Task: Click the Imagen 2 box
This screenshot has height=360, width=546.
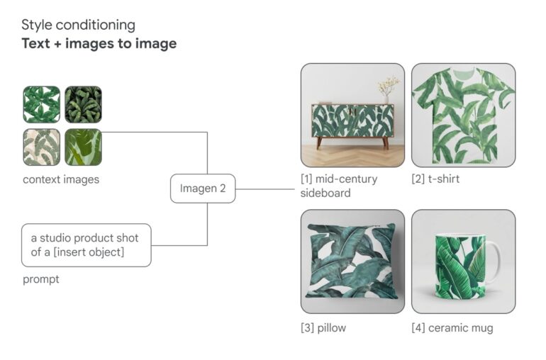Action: pos(203,189)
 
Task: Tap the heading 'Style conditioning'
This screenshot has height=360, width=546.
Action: pos(78,25)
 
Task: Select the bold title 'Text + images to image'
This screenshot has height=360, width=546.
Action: pos(99,43)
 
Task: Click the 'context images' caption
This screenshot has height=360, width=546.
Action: pos(61,180)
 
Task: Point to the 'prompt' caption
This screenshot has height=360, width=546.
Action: pos(40,279)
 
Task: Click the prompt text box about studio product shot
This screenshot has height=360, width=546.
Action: pos(87,245)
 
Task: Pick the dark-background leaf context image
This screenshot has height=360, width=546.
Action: pos(83,104)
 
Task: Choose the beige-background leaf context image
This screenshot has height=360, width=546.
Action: pos(41,147)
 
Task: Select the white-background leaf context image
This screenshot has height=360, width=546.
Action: pos(41,104)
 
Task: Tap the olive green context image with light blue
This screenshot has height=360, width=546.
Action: pos(83,147)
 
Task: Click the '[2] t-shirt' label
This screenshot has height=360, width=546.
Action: pos(435,179)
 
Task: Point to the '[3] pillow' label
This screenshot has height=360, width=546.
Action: pos(323,328)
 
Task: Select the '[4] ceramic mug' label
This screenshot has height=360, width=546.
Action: pos(452,328)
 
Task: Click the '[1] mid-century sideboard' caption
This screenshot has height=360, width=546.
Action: pos(339,186)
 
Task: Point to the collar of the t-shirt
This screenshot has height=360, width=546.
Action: pos(464,73)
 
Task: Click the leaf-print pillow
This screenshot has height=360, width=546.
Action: pos(352,261)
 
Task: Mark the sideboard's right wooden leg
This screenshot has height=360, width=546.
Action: pos(386,143)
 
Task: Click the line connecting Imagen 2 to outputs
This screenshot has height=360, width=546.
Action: pos(265,189)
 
